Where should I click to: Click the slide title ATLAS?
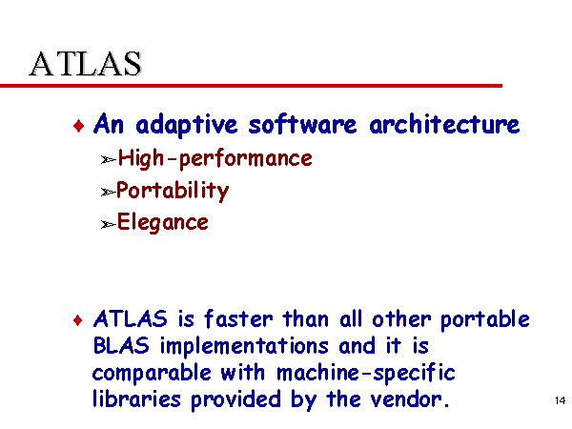[x=86, y=64]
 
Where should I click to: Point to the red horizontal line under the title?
[x=251, y=86]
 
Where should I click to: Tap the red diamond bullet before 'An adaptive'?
[x=78, y=126]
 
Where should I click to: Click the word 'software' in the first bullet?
[x=302, y=124]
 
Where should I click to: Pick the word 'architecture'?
[x=444, y=124]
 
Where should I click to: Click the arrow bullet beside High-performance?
[x=109, y=160]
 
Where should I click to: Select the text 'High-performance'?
[x=215, y=159]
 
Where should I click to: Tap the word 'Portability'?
[x=173, y=191]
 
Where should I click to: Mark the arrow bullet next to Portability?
[x=109, y=192]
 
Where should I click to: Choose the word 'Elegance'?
[x=163, y=222]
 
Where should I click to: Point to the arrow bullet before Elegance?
[x=109, y=224]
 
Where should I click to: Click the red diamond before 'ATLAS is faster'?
[x=78, y=320]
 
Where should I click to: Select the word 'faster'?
[x=238, y=318]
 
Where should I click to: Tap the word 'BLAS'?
[x=121, y=345]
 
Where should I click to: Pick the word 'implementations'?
[x=244, y=347]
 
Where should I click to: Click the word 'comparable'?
[x=152, y=374]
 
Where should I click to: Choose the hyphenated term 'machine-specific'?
[x=366, y=374]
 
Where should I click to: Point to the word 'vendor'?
[x=406, y=399]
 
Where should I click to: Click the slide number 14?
[x=560, y=400]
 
